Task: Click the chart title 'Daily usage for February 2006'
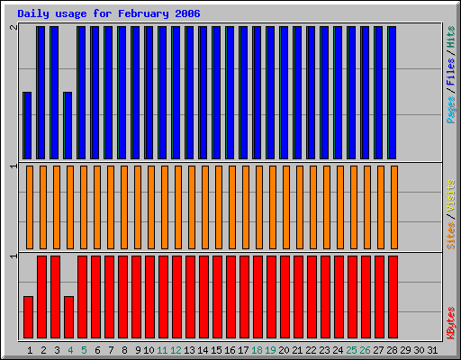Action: [x=109, y=14]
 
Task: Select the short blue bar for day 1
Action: [x=28, y=125]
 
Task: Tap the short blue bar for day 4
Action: [x=68, y=125]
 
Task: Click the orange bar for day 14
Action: [x=203, y=207]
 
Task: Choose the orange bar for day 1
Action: [x=30, y=207]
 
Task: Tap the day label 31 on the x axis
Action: [x=433, y=349]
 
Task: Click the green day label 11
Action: [x=163, y=349]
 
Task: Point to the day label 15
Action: [x=217, y=349]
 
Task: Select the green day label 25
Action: [x=351, y=349]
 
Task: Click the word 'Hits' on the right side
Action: [x=450, y=40]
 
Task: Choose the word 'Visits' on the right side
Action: [x=450, y=197]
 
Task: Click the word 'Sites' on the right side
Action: [x=450, y=233]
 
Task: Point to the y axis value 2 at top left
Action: [x=13, y=28]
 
